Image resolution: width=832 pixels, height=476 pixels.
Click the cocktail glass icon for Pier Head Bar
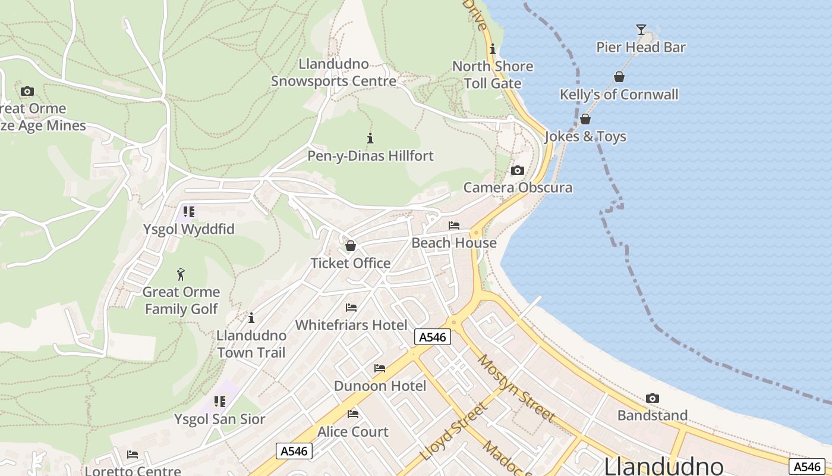coord(641,29)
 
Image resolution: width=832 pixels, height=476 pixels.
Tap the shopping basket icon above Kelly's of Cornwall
coord(619,77)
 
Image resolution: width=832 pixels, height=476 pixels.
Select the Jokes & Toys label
coord(585,136)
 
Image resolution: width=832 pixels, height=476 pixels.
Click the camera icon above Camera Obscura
coord(518,171)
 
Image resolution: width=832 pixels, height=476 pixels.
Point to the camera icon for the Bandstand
coord(652,398)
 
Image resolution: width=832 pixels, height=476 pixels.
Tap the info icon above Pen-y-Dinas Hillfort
coord(370,139)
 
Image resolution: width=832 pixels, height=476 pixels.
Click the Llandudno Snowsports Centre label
coord(333,73)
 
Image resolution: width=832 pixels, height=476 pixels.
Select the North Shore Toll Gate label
coord(493,74)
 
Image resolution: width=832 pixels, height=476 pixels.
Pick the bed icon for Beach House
coord(454,226)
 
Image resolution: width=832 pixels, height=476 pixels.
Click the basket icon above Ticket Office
coord(351,246)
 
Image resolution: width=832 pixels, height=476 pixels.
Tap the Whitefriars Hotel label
coord(351,325)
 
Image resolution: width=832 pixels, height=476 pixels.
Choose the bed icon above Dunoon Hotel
coord(380,368)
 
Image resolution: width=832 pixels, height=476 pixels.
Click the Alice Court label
coord(353,431)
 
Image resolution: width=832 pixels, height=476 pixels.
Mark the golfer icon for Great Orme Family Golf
coord(181,274)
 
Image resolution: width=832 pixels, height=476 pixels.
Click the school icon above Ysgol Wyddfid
coord(189,212)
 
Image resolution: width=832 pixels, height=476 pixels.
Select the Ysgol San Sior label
coord(219,419)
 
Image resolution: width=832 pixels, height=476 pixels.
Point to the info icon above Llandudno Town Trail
coord(251,318)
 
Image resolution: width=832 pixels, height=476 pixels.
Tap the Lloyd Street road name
coord(453,432)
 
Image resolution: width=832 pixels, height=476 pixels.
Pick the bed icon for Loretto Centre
coord(133,455)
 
